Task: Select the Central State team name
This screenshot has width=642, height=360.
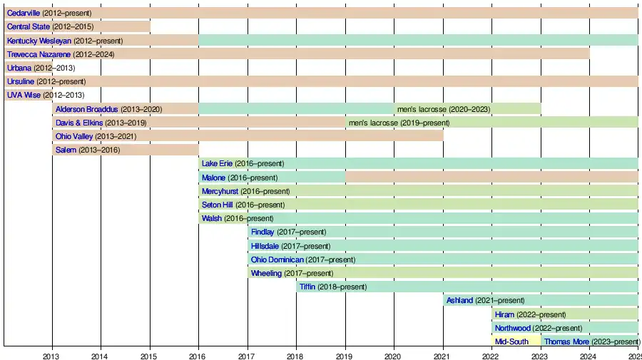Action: click(x=28, y=27)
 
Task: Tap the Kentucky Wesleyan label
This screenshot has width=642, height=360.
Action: click(x=39, y=41)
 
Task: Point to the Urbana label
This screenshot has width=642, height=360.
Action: click(x=19, y=68)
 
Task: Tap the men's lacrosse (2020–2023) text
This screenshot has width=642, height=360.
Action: click(x=443, y=109)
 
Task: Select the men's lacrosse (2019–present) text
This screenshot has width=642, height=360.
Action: click(x=398, y=123)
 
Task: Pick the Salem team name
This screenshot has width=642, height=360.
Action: click(x=66, y=150)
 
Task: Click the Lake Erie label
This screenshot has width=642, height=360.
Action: click(x=217, y=164)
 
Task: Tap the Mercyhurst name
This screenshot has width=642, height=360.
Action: click(x=220, y=191)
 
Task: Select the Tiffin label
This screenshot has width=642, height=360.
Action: click(x=307, y=287)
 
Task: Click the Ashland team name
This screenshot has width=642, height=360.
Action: click(x=459, y=300)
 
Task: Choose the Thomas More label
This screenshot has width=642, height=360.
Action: click(x=566, y=341)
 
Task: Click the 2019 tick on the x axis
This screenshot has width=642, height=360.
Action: click(x=345, y=354)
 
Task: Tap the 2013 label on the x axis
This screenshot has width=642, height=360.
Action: click(x=51, y=354)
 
